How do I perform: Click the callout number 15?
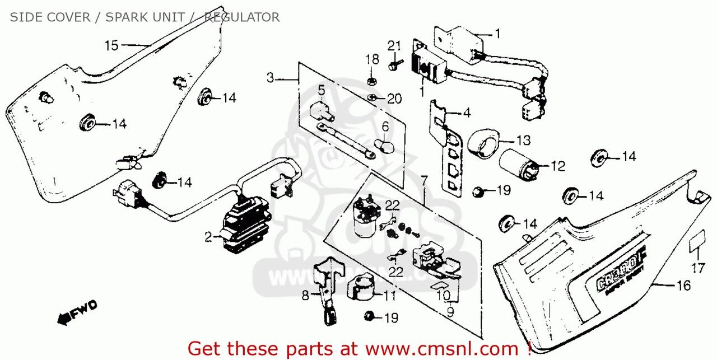[111, 45]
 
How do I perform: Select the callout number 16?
[683, 286]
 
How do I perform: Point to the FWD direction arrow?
[77, 311]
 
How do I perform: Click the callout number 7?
[424, 181]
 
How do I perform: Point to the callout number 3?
[270, 78]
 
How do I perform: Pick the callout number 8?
[305, 294]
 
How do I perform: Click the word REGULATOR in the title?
[241, 17]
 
